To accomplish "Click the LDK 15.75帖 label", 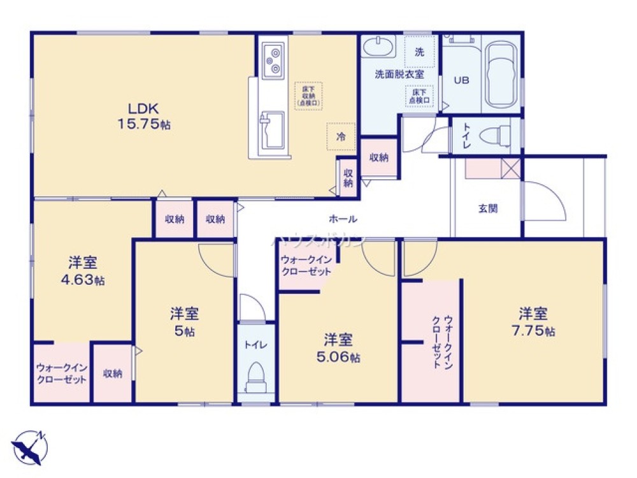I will point(144,115).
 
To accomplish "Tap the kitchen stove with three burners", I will point(273,57).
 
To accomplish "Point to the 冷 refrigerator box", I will point(341,136).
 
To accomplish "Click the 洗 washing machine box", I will point(420,52).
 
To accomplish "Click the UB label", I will point(461,80).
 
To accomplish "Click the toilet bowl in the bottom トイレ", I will point(255,375).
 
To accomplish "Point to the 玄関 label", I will point(488,208).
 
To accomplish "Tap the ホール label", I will point(343,219).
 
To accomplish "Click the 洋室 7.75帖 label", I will point(534,321).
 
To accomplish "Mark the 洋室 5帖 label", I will point(185,322).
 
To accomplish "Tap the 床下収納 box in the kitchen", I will point(308,96).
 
